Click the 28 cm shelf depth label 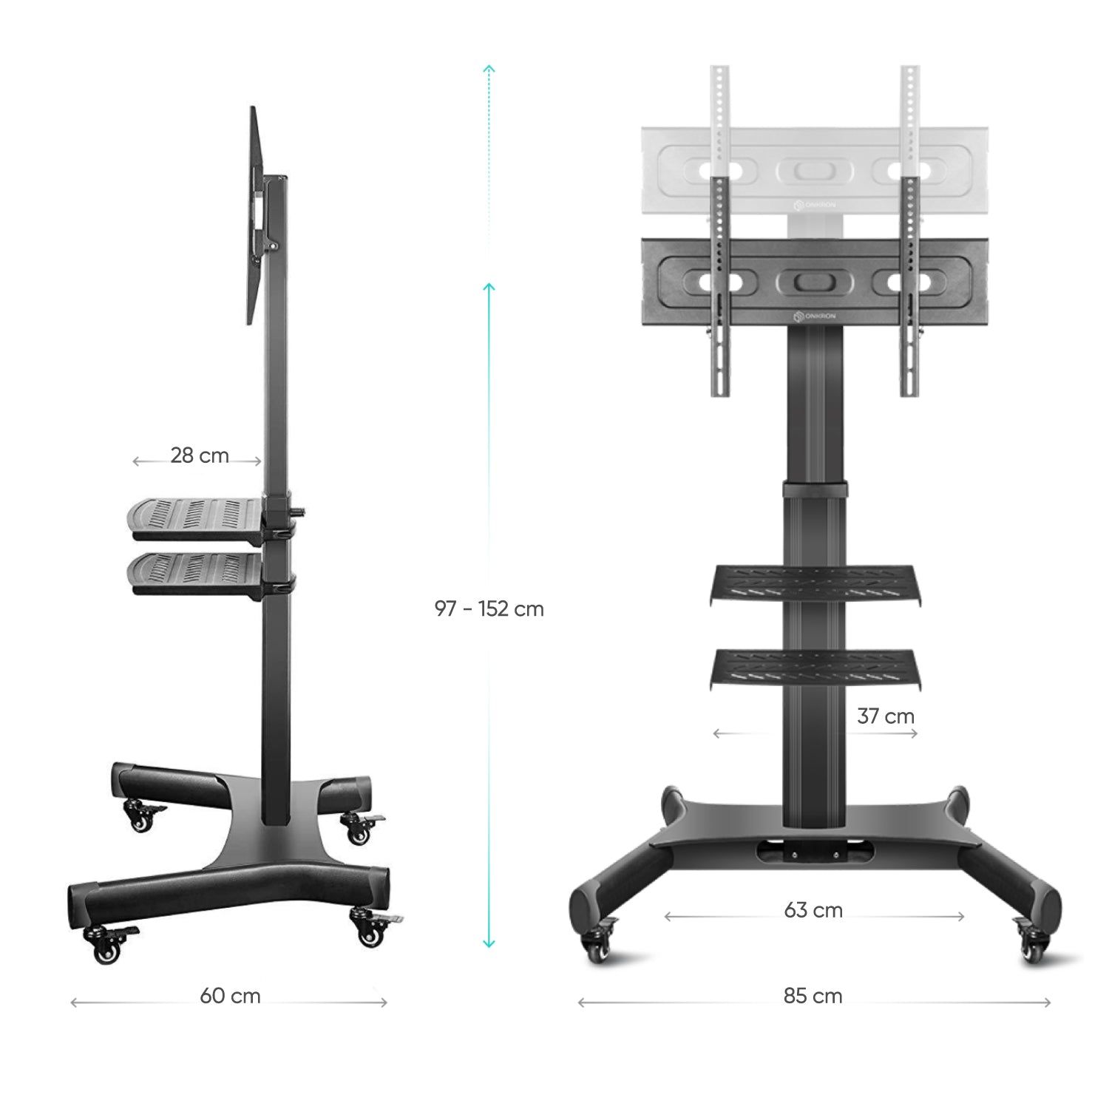(x=200, y=455)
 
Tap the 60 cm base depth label (x=230, y=996)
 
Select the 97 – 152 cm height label (x=489, y=609)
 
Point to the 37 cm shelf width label (x=886, y=716)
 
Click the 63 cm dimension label (x=813, y=910)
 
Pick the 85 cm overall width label (x=813, y=996)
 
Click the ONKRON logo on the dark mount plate (x=814, y=316)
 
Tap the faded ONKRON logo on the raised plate (x=814, y=204)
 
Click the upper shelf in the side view (x=196, y=515)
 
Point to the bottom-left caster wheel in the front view (x=595, y=946)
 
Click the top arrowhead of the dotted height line (x=489, y=69)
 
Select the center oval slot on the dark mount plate (x=813, y=282)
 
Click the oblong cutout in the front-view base (x=814, y=852)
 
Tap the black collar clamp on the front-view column (x=814, y=489)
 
